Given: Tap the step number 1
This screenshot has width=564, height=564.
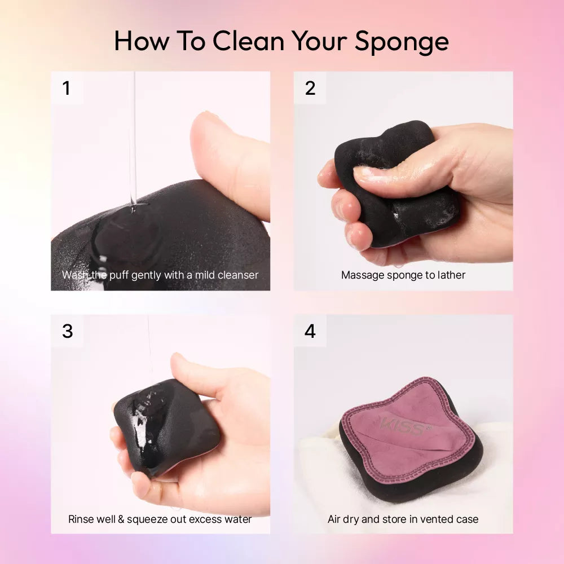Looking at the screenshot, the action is point(66,88).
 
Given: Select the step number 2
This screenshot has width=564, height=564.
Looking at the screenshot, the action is point(310,88).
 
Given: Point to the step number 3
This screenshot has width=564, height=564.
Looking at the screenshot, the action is point(67,331).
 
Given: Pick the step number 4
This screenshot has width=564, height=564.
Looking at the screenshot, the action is point(310,331).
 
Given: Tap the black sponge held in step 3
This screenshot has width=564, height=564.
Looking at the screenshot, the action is point(166,427).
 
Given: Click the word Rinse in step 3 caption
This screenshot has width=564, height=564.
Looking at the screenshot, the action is point(80,519).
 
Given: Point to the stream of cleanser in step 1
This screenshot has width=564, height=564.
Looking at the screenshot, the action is point(133,140).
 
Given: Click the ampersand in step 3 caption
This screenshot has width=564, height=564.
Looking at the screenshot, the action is point(121,519).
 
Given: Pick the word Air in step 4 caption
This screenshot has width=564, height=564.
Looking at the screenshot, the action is point(333,519).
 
